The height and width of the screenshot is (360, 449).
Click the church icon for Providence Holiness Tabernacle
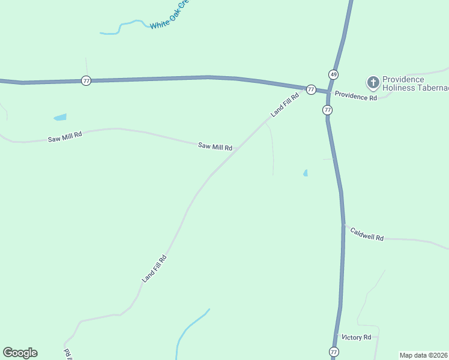(x=373, y=82)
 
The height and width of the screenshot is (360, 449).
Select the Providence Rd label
(x=355, y=96)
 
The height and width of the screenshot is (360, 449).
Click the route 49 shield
(x=333, y=74)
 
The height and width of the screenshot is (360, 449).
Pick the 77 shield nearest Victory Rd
(x=334, y=352)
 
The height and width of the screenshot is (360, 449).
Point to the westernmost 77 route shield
(x=86, y=80)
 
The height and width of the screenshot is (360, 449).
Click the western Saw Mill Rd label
(x=64, y=137)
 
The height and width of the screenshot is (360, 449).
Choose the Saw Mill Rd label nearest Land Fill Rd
(x=215, y=146)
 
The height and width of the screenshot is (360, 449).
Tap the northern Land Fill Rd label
(x=284, y=104)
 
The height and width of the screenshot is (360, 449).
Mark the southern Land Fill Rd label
(x=154, y=269)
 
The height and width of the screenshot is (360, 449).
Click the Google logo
(x=20, y=353)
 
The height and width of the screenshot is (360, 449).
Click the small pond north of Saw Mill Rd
(x=60, y=117)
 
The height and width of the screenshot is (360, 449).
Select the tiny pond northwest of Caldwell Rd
(x=306, y=173)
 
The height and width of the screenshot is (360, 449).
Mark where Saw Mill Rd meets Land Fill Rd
(x=238, y=148)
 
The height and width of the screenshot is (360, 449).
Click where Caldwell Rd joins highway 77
(x=343, y=225)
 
